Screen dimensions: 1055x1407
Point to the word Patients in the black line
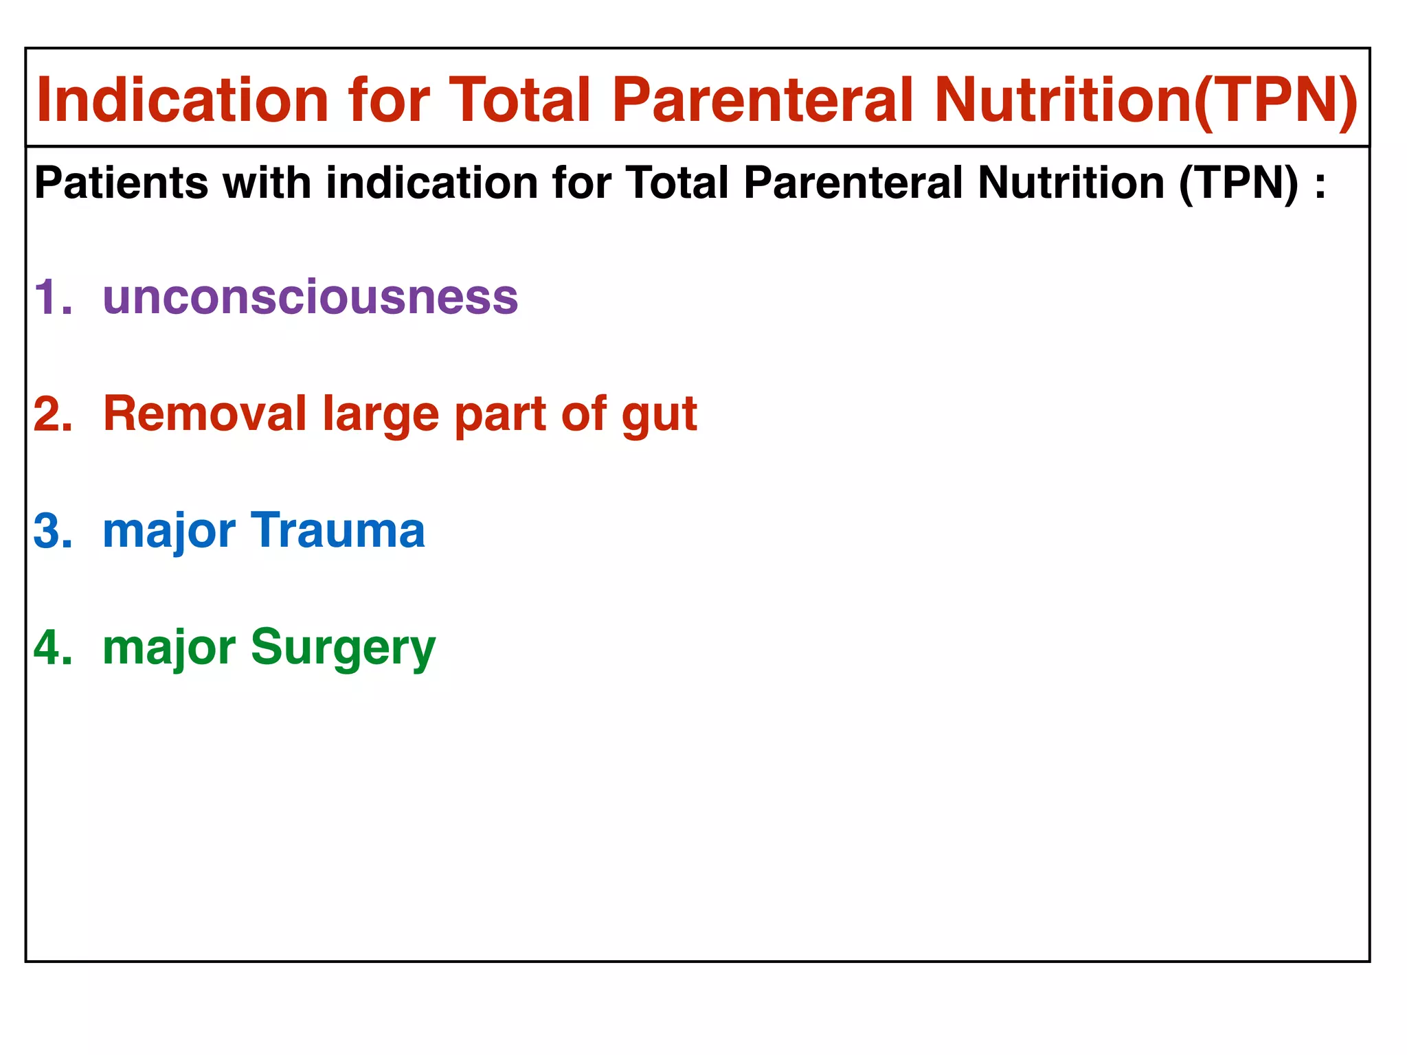[x=121, y=183]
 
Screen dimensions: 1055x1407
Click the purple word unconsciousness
[x=310, y=297]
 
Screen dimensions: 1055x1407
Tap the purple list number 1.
[x=52, y=297]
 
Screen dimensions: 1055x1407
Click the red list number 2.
[x=52, y=414]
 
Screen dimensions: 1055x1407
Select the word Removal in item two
[x=204, y=414]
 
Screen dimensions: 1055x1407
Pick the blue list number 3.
[x=52, y=531]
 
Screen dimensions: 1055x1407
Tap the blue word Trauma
[x=338, y=531]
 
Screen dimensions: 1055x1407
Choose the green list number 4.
[x=52, y=648]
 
